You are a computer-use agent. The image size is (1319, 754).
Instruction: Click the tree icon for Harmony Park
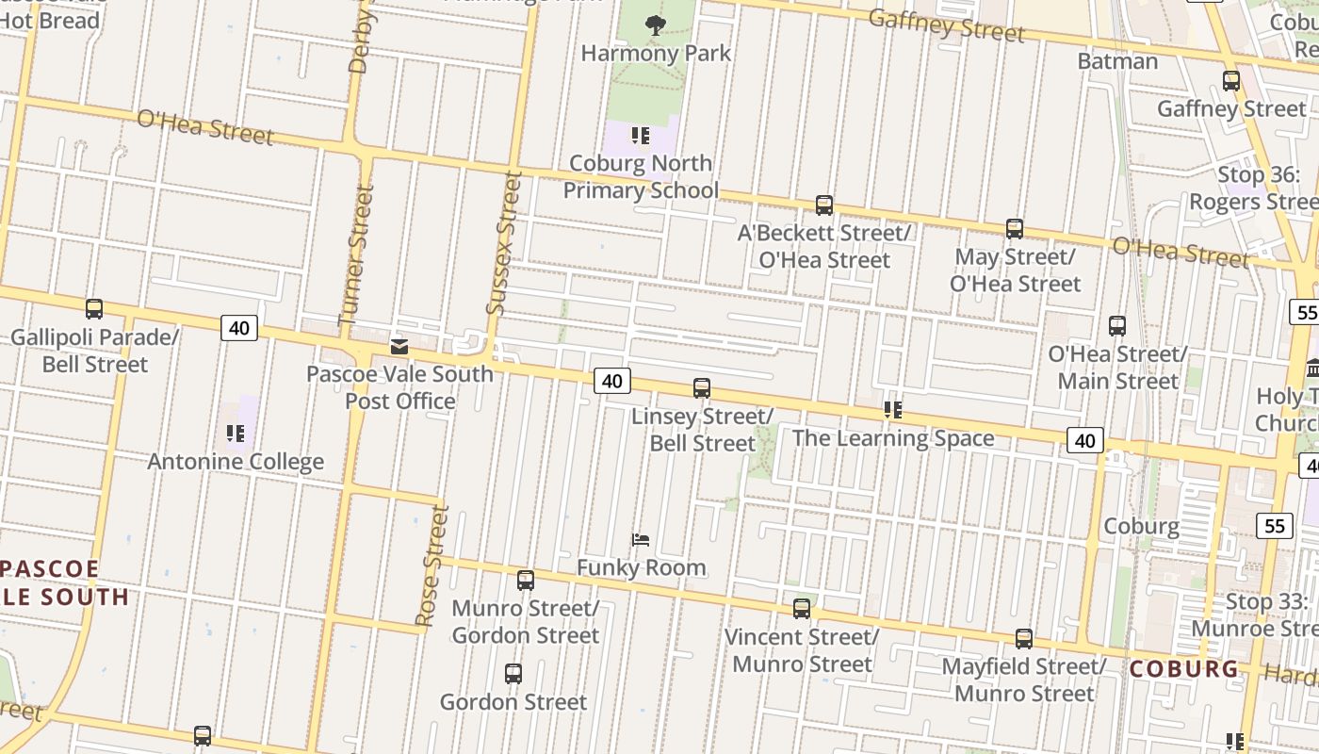[655, 25]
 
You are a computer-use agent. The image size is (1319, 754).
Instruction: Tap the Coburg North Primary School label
[641, 177]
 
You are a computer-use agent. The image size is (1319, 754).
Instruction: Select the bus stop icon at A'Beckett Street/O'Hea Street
[824, 205]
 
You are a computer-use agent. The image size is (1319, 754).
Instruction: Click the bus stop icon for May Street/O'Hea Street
[1014, 228]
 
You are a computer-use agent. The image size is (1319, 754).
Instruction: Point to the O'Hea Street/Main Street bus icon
[1117, 326]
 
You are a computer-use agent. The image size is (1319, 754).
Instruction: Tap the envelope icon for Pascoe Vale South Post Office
[399, 347]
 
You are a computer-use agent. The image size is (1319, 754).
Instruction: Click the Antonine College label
[236, 462]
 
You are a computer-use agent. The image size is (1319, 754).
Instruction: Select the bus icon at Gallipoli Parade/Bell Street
[94, 308]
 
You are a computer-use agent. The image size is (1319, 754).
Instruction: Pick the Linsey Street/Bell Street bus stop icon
[702, 387]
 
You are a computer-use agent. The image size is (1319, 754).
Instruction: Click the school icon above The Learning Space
[892, 410]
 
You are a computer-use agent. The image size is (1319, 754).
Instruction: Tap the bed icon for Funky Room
[641, 540]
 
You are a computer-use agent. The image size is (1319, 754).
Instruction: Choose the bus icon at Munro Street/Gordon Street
[526, 581]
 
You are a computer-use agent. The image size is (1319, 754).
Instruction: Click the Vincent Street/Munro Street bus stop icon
[802, 609]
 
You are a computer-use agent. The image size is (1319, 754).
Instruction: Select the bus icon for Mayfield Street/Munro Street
[1024, 638]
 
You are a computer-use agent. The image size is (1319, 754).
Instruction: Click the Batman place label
[1117, 61]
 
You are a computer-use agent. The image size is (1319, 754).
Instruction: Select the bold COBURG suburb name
[1184, 669]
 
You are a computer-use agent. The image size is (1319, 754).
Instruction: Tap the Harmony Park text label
[656, 53]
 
